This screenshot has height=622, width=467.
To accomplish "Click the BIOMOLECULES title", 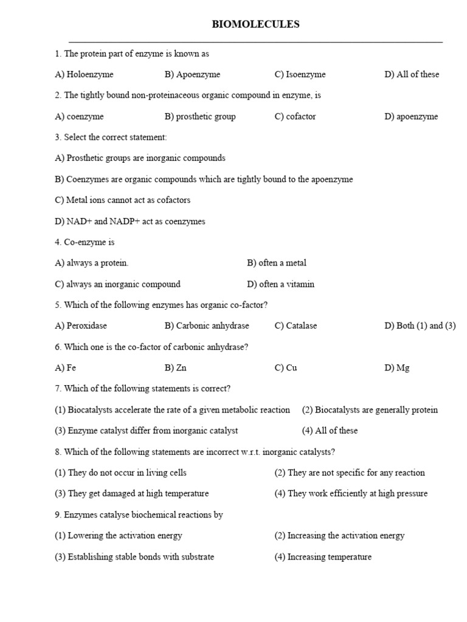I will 255,24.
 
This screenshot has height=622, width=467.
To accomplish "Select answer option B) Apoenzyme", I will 192,75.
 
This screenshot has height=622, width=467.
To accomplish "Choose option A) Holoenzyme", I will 84,75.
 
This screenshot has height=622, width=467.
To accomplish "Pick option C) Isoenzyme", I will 300,75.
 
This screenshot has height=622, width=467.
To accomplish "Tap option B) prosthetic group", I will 200,117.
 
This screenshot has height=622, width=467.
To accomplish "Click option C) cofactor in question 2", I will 295,117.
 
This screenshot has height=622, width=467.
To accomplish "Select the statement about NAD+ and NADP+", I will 130,221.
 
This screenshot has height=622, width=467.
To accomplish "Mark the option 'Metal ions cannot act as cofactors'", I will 122,200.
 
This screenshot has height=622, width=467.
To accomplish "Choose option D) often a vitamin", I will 281,284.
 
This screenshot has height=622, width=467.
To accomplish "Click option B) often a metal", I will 277,263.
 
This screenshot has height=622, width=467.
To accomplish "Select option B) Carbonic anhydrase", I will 207,326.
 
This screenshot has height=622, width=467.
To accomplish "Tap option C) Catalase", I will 296,326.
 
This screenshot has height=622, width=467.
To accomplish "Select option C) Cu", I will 286,368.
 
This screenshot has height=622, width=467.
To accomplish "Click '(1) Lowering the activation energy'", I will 118,536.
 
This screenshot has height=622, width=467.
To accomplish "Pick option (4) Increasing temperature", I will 322,557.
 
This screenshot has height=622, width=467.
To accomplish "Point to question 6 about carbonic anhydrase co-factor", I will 151,347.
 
